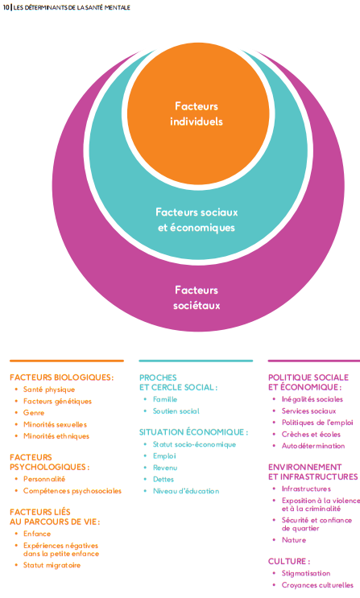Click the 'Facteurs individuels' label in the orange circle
pyautogui.click(x=197, y=113)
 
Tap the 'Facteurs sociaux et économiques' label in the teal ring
pyautogui.click(x=197, y=219)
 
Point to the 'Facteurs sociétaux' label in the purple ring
pyautogui.click(x=197, y=297)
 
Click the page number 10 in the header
pyautogui.click(x=6, y=7)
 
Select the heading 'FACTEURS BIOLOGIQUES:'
pyautogui.click(x=61, y=377)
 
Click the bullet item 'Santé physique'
pyautogui.click(x=49, y=390)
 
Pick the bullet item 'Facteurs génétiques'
pyautogui.click(x=57, y=401)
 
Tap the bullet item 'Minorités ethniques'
pyautogui.click(x=56, y=435)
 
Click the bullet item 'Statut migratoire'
pyautogui.click(x=52, y=565)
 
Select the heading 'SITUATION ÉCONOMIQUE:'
pyautogui.click(x=193, y=431)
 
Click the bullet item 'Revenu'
pyautogui.click(x=165, y=467)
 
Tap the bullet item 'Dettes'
pyautogui.click(x=164, y=479)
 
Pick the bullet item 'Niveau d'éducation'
pyautogui.click(x=185, y=490)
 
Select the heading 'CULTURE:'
pyautogui.click(x=289, y=560)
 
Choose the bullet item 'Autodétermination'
pyautogui.click(x=313, y=445)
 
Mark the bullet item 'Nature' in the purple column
pyautogui.click(x=294, y=540)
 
